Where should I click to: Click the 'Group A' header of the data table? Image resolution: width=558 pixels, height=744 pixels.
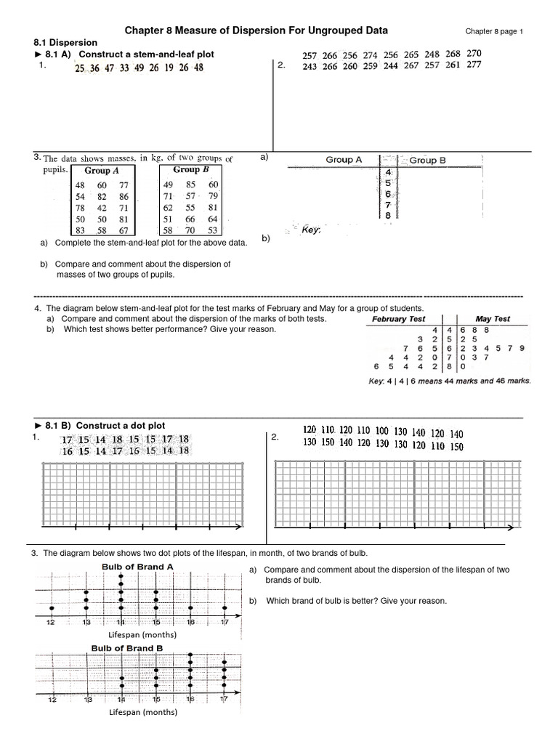tap(102, 171)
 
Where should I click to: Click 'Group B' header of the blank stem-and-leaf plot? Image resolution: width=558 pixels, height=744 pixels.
tap(427, 160)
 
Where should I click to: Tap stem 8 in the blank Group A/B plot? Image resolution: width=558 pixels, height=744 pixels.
tap(388, 216)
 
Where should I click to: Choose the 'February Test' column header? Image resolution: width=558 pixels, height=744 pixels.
tap(398, 319)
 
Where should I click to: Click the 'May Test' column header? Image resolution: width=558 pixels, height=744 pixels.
tap(493, 319)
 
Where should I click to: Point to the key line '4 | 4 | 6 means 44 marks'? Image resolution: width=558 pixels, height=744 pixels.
tap(450, 380)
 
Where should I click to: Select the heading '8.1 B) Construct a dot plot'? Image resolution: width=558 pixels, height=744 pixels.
tap(105, 426)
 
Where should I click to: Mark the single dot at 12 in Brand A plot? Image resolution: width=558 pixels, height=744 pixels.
tap(52, 607)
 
